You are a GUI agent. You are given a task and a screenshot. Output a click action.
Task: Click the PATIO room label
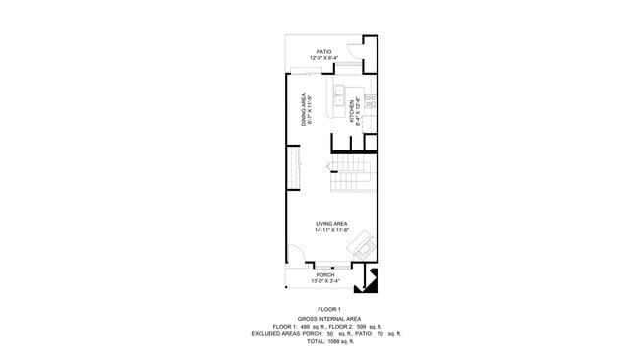click(x=323, y=51)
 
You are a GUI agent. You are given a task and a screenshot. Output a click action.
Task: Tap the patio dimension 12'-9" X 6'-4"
click(x=323, y=58)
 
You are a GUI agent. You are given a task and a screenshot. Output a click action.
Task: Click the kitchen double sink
click(x=339, y=95)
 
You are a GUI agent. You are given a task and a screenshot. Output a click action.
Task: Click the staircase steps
click(x=349, y=178)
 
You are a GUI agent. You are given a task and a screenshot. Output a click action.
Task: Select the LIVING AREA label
click(x=331, y=224)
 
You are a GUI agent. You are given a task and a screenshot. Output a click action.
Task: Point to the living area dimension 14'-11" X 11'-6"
click(x=331, y=231)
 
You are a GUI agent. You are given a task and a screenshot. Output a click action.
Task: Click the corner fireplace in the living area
click(x=363, y=244)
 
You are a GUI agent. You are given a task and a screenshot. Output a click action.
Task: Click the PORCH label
click(x=325, y=275)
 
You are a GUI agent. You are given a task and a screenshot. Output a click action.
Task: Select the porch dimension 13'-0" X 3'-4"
click(x=325, y=282)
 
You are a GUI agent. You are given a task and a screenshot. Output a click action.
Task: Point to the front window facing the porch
click(x=324, y=266)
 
